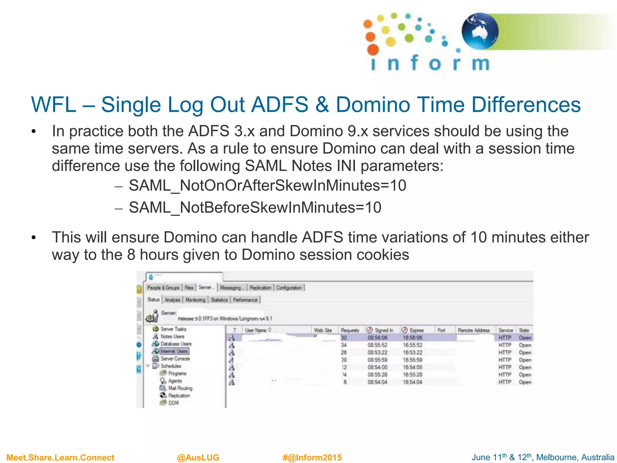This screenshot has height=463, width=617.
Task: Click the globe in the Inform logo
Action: [x=480, y=31]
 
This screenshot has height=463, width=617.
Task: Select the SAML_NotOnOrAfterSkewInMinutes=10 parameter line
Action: [x=267, y=185]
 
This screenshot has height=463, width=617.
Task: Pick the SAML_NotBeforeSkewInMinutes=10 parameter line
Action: [x=255, y=208]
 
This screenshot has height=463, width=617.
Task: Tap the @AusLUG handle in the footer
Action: [x=198, y=458]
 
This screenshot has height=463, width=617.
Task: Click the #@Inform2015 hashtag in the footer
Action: [x=312, y=458]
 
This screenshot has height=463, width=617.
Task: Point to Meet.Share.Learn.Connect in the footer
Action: [x=60, y=458]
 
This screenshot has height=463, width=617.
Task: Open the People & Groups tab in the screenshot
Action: [x=163, y=288]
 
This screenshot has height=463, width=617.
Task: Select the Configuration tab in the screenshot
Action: [x=289, y=288]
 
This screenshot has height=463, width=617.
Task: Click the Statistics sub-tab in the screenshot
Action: [x=219, y=300]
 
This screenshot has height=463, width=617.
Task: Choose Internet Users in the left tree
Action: [x=174, y=351]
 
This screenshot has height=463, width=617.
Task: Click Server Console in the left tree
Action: [x=175, y=359]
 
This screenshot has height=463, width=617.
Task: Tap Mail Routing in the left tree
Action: [x=180, y=388]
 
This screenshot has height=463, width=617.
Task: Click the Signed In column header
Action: [x=384, y=330]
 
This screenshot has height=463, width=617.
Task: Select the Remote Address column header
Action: [x=474, y=330]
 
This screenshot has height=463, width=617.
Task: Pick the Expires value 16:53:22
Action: [x=412, y=352]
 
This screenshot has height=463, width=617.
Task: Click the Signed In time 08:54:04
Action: [x=377, y=382]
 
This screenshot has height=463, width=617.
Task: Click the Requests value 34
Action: [x=344, y=345]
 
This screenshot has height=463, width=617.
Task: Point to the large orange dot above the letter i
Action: [x=373, y=49]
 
